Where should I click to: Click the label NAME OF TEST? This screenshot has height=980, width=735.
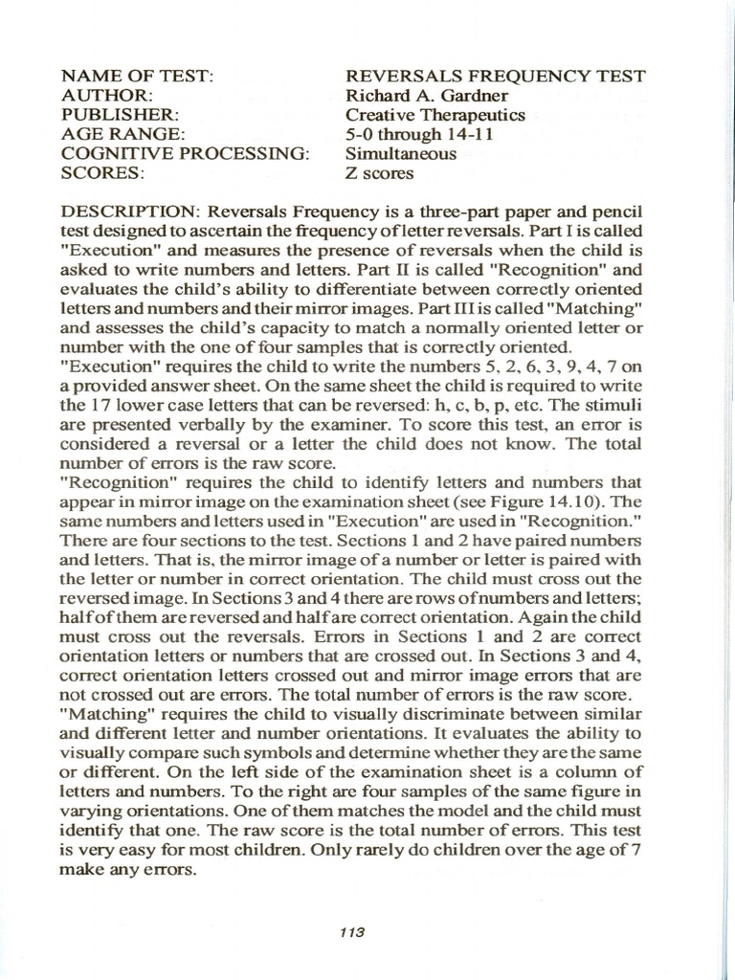pyautogui.click(x=137, y=77)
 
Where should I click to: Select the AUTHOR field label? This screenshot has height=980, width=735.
pyautogui.click(x=107, y=96)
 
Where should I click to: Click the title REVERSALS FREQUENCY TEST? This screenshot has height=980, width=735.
pyautogui.click(x=495, y=77)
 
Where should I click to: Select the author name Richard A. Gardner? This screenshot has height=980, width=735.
pyautogui.click(x=427, y=96)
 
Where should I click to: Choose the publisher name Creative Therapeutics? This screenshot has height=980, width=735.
pyautogui.click(x=435, y=115)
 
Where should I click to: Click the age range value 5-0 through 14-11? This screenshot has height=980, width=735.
pyautogui.click(x=419, y=135)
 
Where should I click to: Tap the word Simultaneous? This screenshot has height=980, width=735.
pyautogui.click(x=400, y=154)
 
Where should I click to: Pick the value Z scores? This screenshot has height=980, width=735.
pyautogui.click(x=379, y=173)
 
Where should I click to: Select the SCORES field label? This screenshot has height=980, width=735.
pyautogui.click(x=102, y=173)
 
